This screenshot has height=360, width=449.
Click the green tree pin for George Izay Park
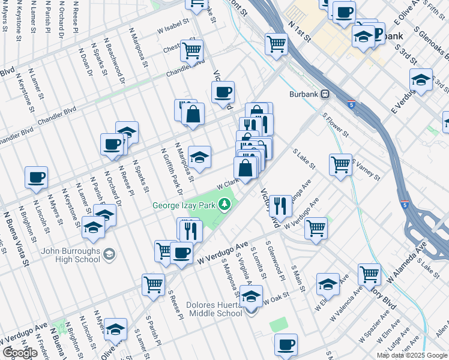coord(225,205)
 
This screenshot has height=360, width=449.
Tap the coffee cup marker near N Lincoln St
coord(36,178)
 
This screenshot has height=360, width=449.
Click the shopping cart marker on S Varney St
coord(340,163)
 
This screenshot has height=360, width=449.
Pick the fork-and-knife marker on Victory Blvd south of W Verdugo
coord(280,206)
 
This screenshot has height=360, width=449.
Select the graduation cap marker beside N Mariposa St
coord(199,157)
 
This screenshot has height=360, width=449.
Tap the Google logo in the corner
coord(19,352)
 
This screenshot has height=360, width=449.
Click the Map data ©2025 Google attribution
coord(411,355)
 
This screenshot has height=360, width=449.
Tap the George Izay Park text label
coord(184,205)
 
